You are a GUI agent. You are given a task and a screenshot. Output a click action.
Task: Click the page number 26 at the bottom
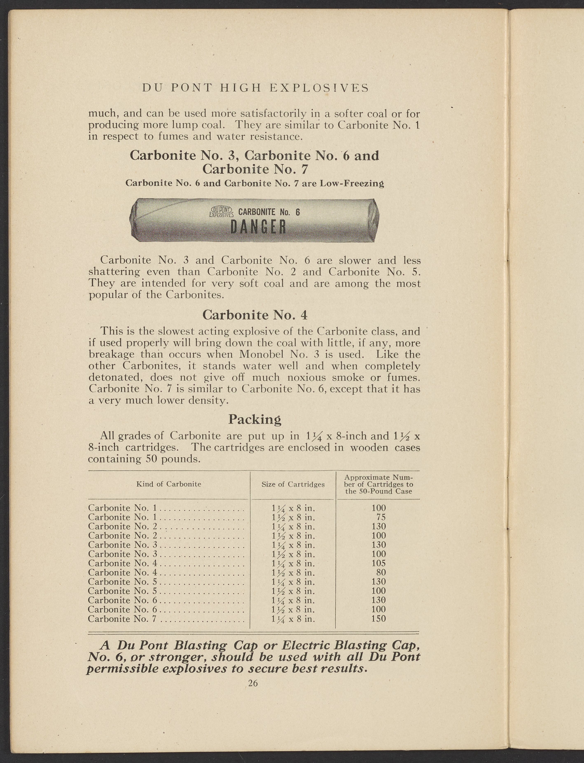coord(253,683)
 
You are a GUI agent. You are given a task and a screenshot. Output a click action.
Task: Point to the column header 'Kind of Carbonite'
coord(169,484)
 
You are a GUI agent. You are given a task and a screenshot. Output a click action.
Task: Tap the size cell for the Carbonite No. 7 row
coord(293,619)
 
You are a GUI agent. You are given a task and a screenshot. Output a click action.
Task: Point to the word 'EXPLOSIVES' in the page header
coord(319,88)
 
